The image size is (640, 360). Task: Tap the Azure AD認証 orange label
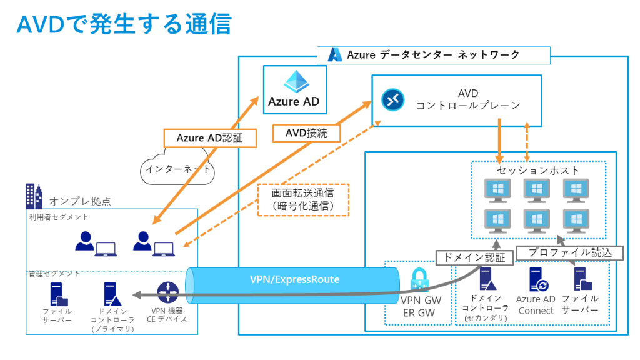[x=209, y=138]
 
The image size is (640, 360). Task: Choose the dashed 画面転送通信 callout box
[x=303, y=199]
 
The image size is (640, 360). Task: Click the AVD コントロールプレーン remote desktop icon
[x=392, y=98]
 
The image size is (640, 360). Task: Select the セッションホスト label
[x=538, y=170]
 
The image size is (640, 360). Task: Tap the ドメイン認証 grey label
[x=474, y=256]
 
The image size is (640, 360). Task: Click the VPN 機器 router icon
[x=167, y=292]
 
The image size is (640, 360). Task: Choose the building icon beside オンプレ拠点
[x=34, y=196]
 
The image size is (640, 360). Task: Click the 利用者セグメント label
[x=59, y=217]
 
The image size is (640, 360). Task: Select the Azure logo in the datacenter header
[x=336, y=55]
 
